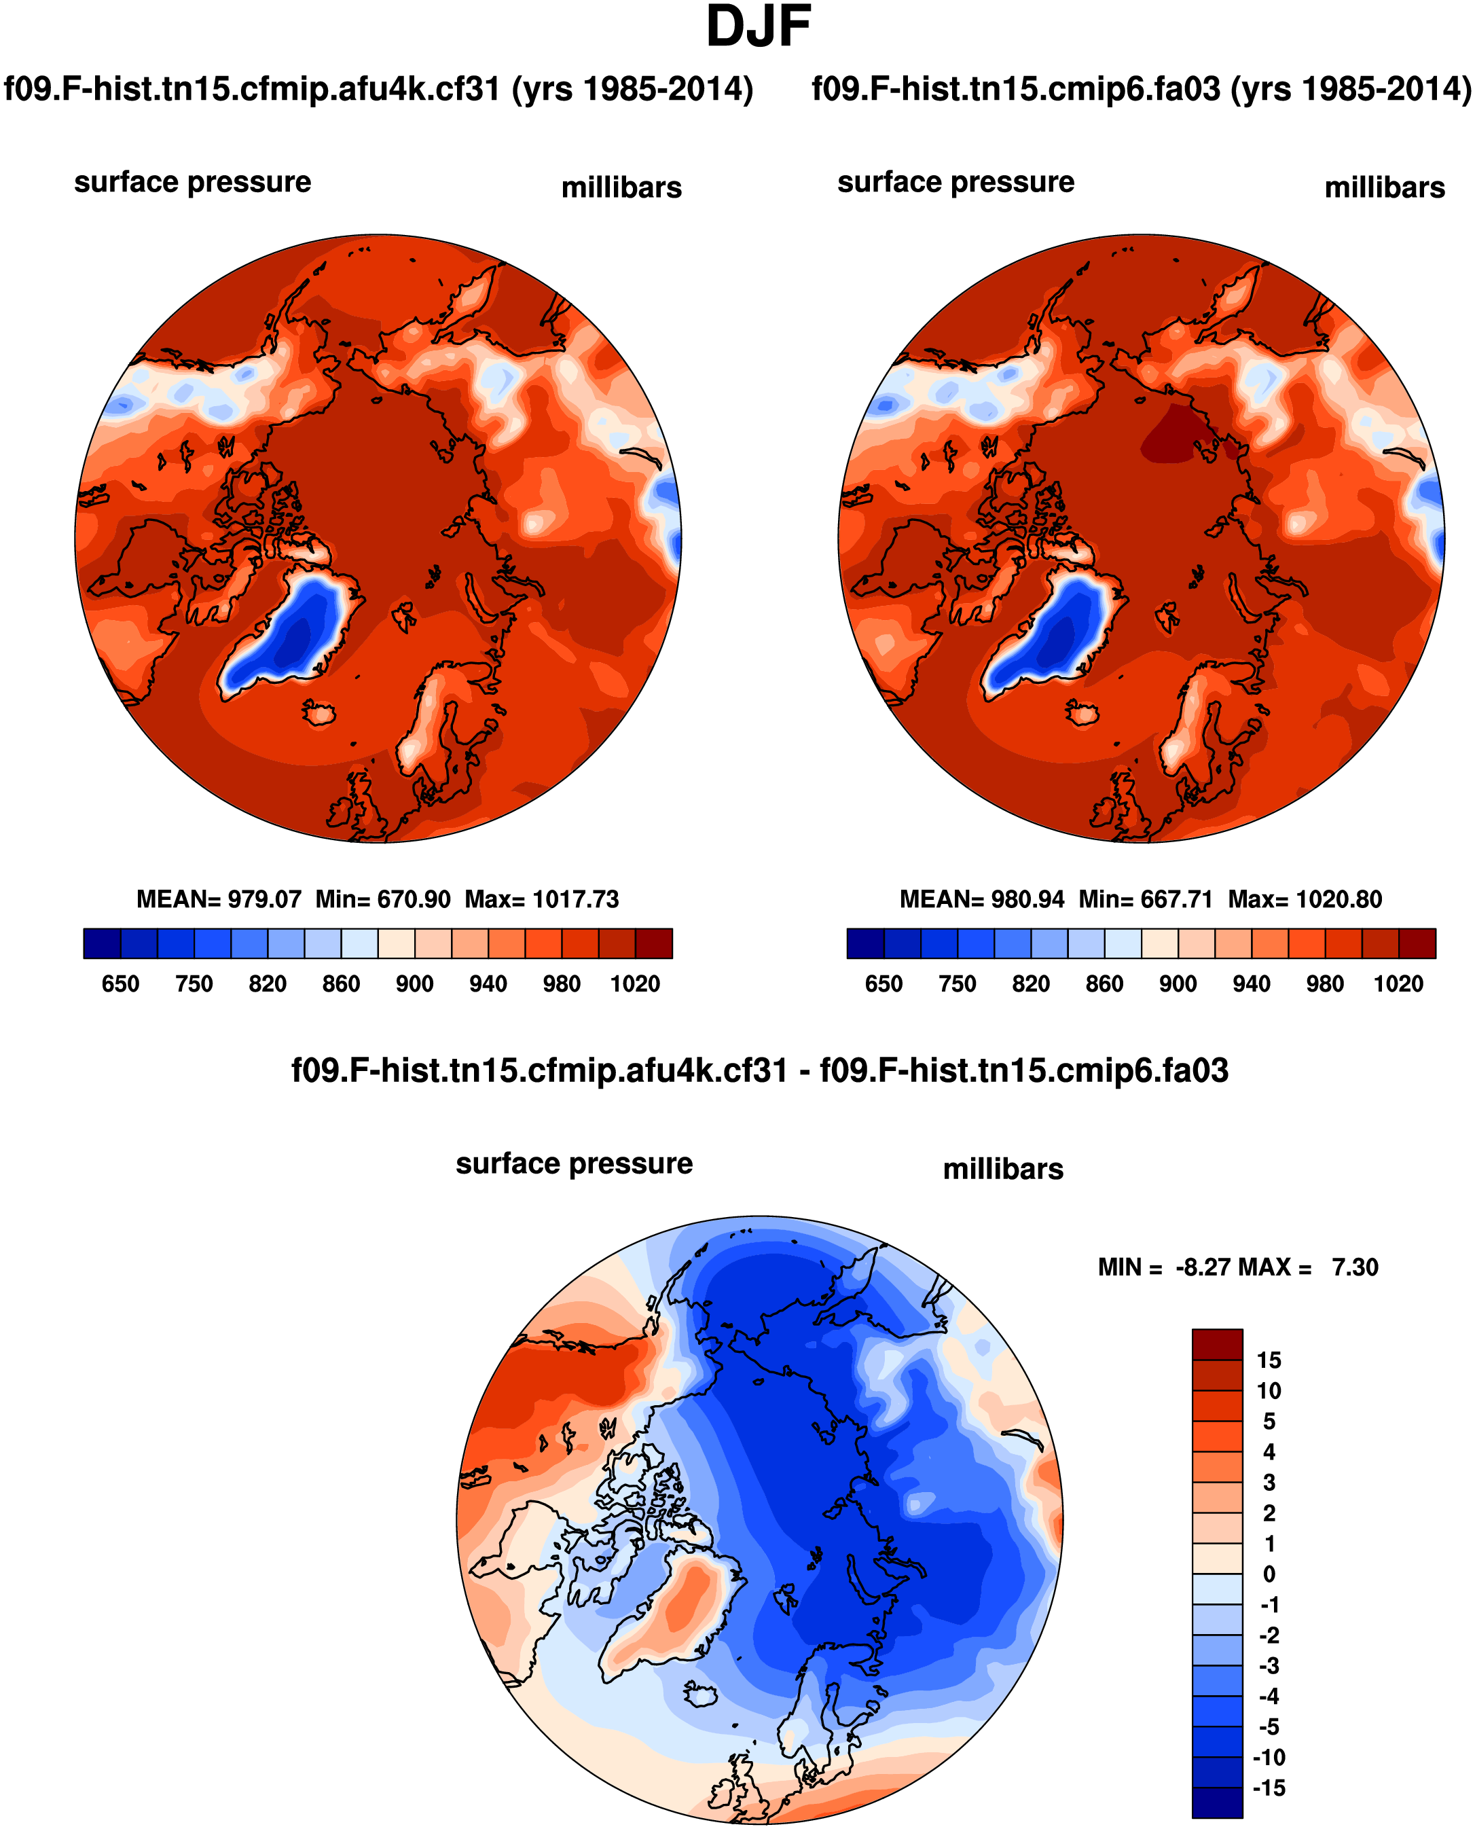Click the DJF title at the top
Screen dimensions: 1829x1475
(758, 27)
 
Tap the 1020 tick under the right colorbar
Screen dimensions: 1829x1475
(1398, 983)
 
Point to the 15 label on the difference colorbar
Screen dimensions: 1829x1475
(1269, 1360)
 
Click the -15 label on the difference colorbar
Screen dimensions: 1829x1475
(1269, 1788)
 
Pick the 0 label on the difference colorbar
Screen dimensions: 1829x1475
(1269, 1574)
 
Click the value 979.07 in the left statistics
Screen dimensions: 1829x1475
(264, 899)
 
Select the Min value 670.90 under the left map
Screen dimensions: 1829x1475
(413, 899)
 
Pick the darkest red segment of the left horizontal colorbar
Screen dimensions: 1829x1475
(653, 943)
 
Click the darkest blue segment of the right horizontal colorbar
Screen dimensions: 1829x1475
(865, 943)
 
